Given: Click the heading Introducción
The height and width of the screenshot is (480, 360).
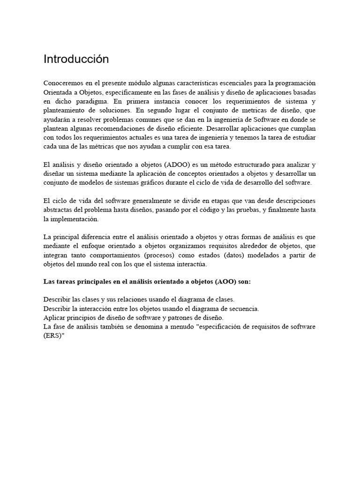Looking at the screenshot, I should click(76, 60).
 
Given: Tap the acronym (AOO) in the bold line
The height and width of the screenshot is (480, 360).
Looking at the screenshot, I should click(227, 283).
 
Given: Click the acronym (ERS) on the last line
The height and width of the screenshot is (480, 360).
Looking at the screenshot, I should click(53, 336).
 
